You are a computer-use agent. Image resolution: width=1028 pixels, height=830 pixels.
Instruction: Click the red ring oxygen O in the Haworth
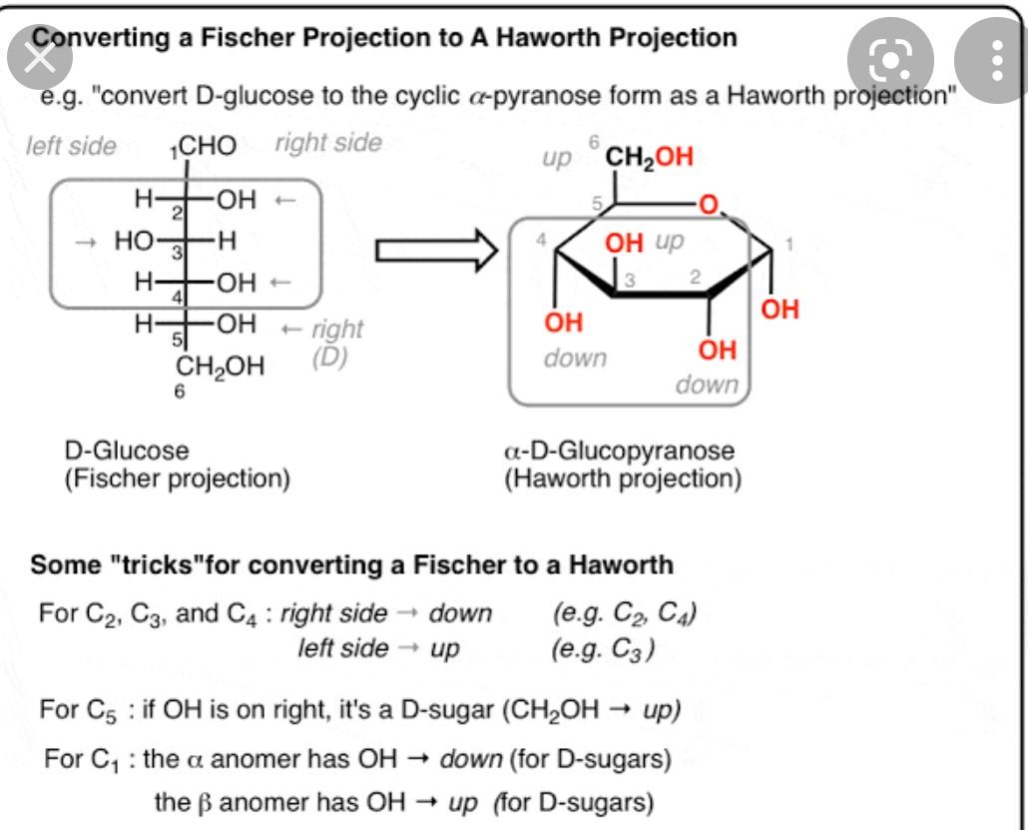pyautogui.click(x=709, y=207)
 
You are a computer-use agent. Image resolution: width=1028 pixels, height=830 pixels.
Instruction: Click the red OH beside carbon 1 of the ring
pyautogui.click(x=780, y=309)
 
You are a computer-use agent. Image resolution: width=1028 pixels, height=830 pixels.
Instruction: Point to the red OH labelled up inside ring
pyautogui.click(x=626, y=243)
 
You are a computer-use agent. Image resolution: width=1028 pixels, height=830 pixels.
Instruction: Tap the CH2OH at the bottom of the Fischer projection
pyautogui.click(x=221, y=366)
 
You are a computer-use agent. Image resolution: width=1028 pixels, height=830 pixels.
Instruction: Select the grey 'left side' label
pyautogui.click(x=70, y=146)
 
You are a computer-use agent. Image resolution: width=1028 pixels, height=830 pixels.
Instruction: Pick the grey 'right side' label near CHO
pyautogui.click(x=328, y=143)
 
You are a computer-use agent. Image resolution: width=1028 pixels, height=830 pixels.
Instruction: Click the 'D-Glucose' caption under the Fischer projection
pyautogui.click(x=126, y=450)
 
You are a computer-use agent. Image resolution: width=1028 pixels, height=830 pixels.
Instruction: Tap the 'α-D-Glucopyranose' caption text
pyautogui.click(x=620, y=450)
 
